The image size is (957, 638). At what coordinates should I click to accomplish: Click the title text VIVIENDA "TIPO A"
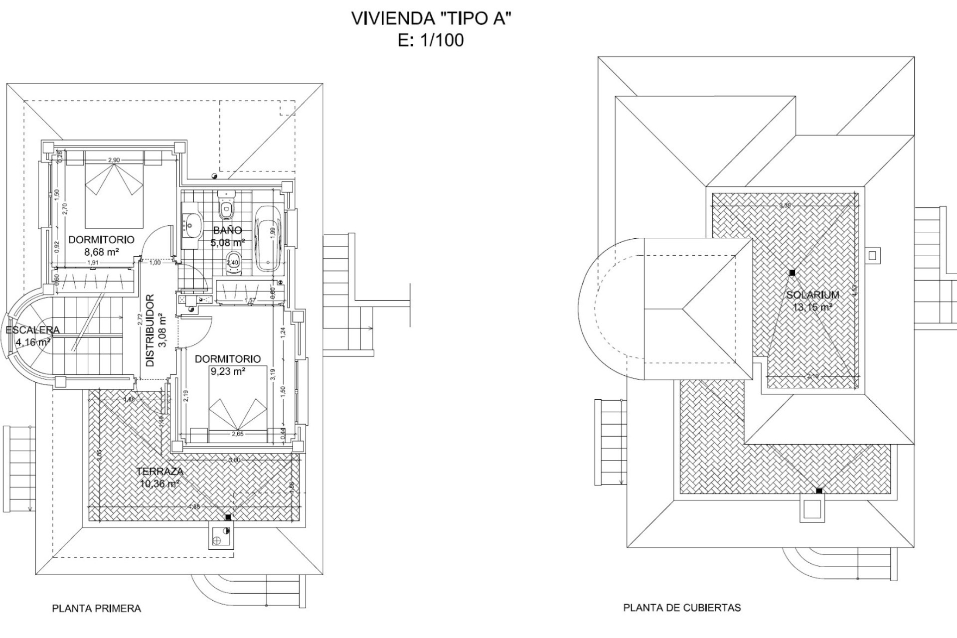[x=432, y=18]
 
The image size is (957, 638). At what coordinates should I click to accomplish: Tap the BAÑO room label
[x=227, y=230]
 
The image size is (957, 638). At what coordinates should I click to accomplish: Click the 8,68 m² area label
[x=101, y=252]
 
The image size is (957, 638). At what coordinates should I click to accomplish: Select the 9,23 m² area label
[x=228, y=371]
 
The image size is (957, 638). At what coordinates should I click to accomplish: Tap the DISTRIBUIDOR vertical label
[x=150, y=330]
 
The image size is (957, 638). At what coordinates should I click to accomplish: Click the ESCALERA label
[x=32, y=330]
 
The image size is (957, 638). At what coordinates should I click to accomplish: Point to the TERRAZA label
[x=160, y=471]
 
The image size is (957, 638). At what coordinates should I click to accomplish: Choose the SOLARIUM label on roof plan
[x=812, y=295]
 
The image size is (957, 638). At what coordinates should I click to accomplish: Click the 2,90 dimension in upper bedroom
[x=114, y=160]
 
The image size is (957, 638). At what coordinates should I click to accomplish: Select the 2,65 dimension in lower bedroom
[x=238, y=434]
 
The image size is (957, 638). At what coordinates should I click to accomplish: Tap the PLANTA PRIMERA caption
[x=97, y=609]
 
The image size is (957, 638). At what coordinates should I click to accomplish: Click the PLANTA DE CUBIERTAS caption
[x=682, y=608]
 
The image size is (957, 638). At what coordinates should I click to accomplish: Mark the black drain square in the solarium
[x=792, y=273]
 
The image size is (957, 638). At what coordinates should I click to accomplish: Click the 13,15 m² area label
[x=812, y=308]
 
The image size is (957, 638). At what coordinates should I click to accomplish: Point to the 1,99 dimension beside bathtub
[x=273, y=233]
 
